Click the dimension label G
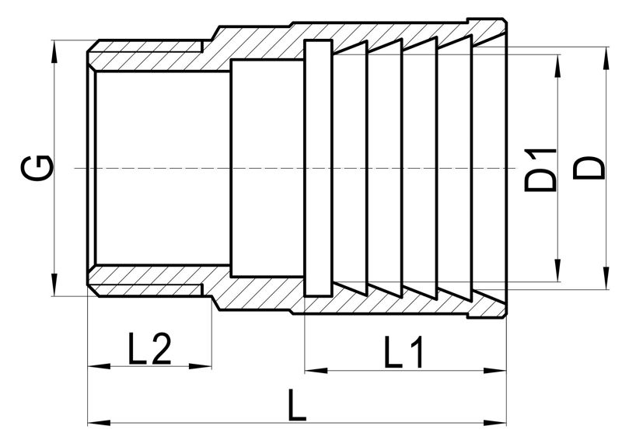[x=37, y=168]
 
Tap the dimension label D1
[x=540, y=170]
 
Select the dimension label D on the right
[x=589, y=168]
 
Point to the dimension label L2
[x=149, y=349]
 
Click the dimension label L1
[x=404, y=351]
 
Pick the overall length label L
[x=297, y=405]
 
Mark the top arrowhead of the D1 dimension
[x=558, y=66]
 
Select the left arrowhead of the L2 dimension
[x=100, y=366]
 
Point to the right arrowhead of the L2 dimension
[x=201, y=366]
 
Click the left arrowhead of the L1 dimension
[x=316, y=371]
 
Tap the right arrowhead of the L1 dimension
[x=494, y=371]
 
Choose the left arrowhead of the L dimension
[x=100, y=424]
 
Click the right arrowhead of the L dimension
[x=494, y=424]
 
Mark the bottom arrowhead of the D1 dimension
[x=558, y=271]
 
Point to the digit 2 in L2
[x=161, y=349]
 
